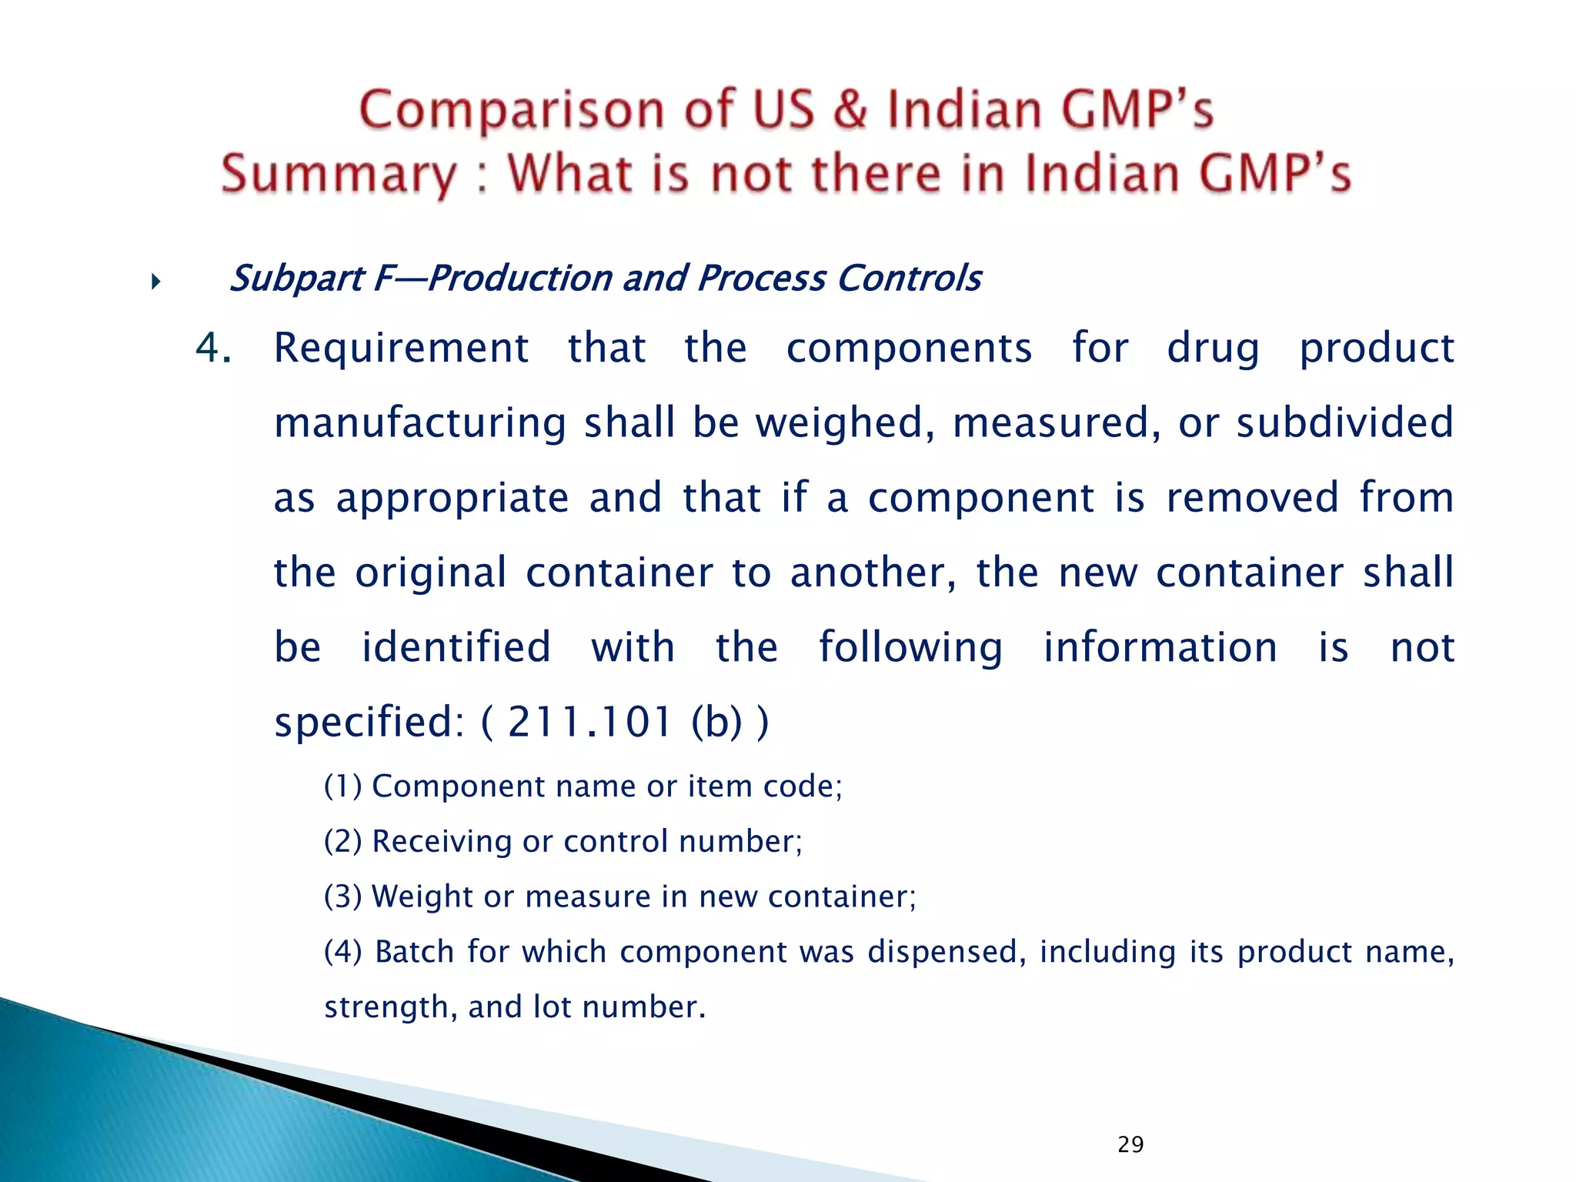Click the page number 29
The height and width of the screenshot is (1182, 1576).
pos(1130,1144)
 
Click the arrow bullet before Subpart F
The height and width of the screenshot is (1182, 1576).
pos(156,282)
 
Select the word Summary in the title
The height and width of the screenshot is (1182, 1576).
pos(339,175)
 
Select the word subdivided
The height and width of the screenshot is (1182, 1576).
pos(1345,422)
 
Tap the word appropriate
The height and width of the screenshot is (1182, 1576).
pos(452,498)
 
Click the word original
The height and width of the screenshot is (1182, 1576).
pos(431,573)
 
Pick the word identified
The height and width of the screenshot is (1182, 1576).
pos(456,647)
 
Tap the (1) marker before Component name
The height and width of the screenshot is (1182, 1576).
pos(342,786)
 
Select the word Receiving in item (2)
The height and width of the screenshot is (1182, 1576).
pos(442,841)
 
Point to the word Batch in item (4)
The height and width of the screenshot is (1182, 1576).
pos(415,952)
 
